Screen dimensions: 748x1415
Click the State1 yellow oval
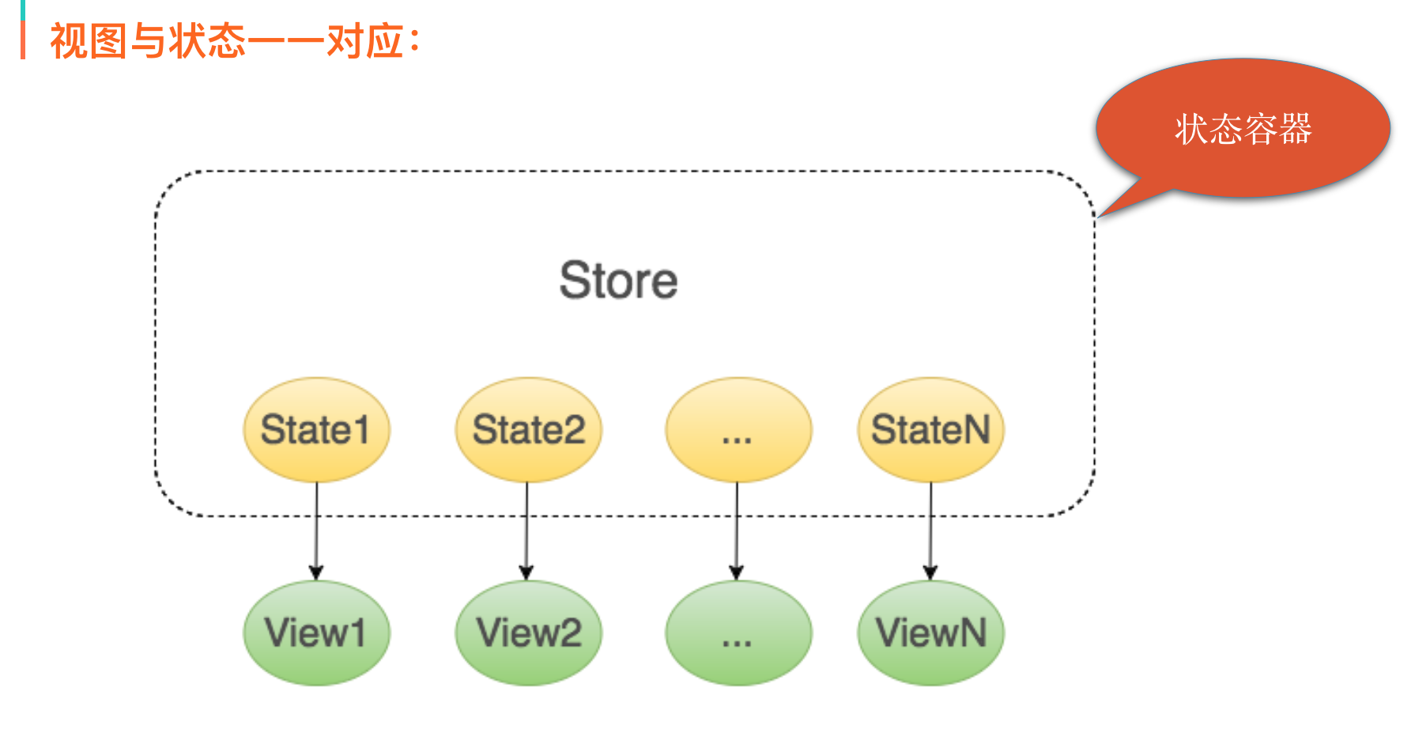[x=316, y=429]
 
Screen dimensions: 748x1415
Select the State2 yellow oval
[x=528, y=429]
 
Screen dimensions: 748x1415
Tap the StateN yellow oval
[x=930, y=429]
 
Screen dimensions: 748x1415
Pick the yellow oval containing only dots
[x=738, y=429]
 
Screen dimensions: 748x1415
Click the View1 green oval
[x=316, y=633]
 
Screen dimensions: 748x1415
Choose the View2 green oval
[x=528, y=633]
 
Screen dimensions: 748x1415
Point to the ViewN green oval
[x=930, y=633]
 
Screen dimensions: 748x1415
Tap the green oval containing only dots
[x=738, y=633]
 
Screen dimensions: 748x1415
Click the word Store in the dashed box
[x=618, y=281]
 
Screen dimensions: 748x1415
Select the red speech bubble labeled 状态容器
[x=1243, y=128]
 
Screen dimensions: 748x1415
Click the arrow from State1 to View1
[x=316, y=530]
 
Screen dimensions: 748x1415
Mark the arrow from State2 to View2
[x=526, y=530]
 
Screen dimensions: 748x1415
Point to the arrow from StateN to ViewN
[x=930, y=530]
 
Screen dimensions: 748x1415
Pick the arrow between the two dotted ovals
[x=737, y=530]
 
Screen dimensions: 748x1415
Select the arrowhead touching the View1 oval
[x=316, y=572]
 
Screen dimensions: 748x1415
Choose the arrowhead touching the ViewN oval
[x=930, y=572]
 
